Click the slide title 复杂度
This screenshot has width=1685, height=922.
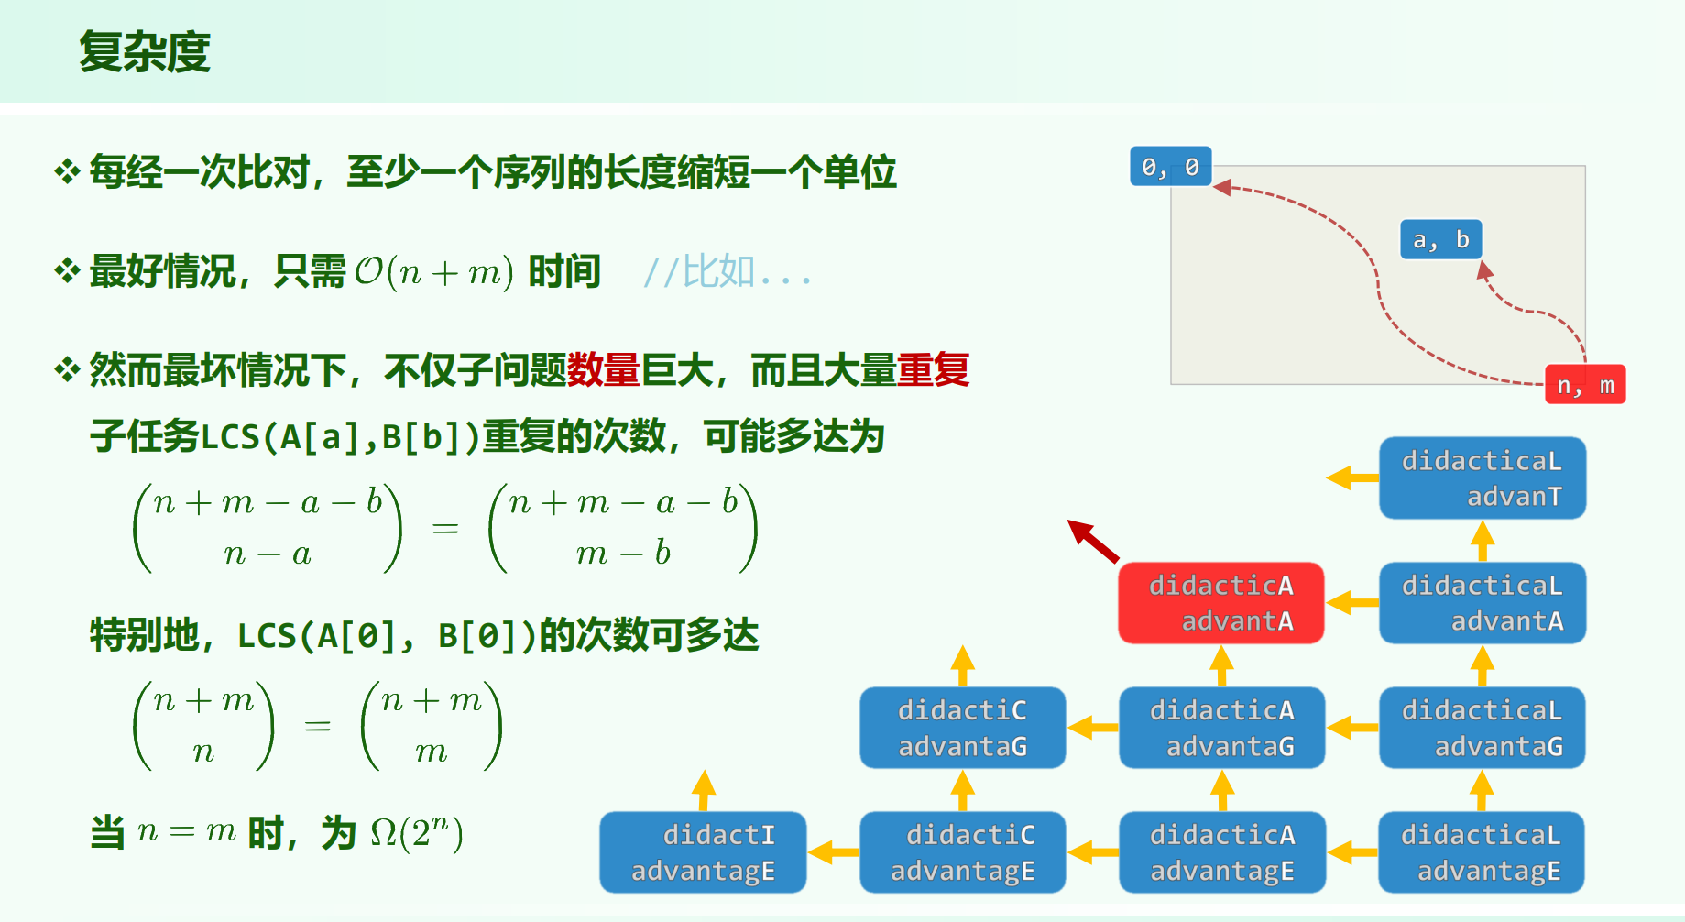(145, 51)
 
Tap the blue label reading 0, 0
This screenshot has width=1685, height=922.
(1170, 167)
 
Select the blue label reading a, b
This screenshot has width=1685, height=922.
(1440, 239)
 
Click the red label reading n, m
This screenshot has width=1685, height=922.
(1585, 385)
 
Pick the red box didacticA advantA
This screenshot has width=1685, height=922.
(1220, 603)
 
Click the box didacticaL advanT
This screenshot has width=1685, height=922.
(1482, 477)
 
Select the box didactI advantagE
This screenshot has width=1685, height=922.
(703, 852)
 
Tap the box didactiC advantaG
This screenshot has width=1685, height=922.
(962, 728)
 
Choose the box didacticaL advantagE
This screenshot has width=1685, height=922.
(1481, 852)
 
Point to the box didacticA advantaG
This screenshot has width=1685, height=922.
(1221, 728)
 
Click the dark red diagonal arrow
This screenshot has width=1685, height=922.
(1092, 540)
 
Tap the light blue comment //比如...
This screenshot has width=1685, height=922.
(728, 272)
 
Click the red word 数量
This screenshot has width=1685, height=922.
(603, 370)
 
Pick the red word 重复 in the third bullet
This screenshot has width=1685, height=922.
(933, 370)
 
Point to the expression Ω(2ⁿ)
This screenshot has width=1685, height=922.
(417, 833)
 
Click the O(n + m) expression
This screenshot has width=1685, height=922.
(433, 272)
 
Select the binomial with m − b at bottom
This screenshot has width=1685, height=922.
(623, 528)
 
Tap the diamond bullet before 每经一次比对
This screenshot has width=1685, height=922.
(67, 171)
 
